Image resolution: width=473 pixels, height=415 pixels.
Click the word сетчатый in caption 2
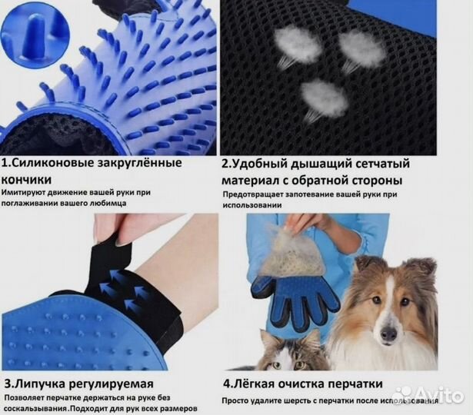coord(379,164)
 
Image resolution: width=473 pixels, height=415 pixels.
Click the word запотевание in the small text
coord(311,194)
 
